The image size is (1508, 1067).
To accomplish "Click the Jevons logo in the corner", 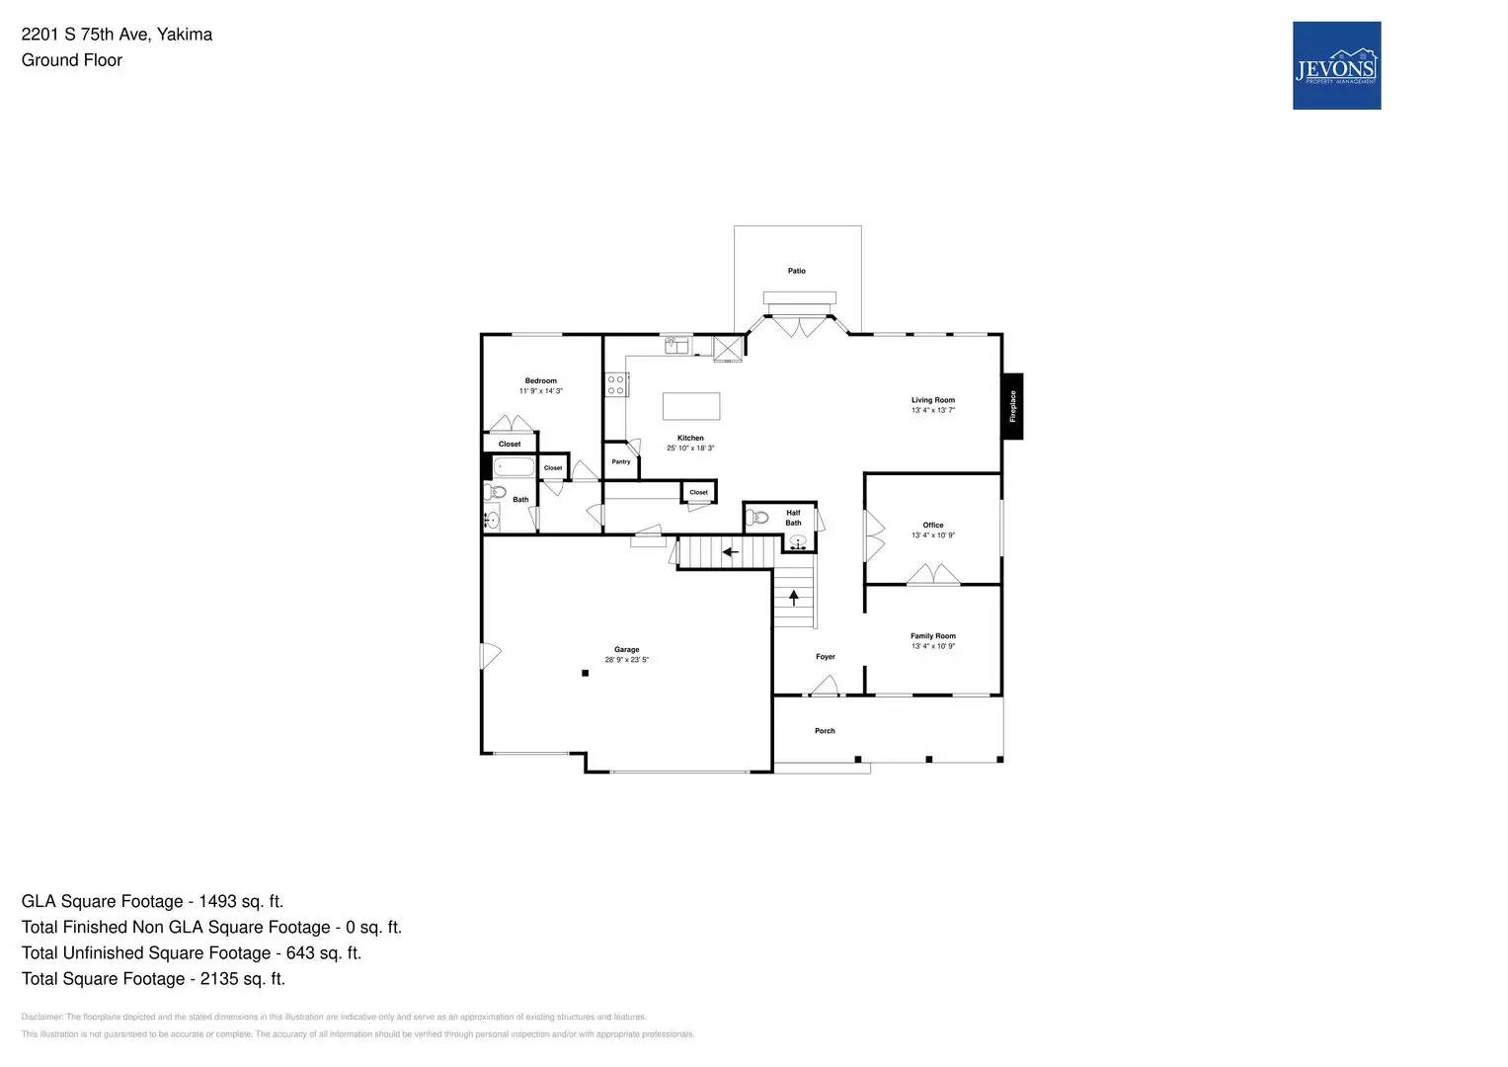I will click(x=1336, y=65).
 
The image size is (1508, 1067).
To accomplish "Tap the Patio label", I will click(x=796, y=271).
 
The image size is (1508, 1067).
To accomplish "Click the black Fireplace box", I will click(x=1012, y=406).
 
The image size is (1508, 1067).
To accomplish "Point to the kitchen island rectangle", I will click(x=690, y=406).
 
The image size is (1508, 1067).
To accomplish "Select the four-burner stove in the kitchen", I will click(x=615, y=384).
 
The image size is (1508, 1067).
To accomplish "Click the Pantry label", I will click(x=620, y=461).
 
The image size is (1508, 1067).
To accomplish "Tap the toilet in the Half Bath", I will click(x=757, y=517).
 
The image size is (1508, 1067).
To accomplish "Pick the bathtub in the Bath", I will click(x=514, y=467).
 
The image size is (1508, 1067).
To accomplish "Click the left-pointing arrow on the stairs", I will click(x=730, y=551).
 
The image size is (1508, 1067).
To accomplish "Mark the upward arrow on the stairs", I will click(x=793, y=597).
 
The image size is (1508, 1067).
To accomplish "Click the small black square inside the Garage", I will click(x=585, y=673).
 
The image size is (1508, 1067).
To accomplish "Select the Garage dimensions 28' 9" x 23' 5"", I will click(x=626, y=660).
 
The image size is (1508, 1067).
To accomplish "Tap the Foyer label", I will click(x=825, y=657).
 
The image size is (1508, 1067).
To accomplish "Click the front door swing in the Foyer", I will click(x=825, y=686).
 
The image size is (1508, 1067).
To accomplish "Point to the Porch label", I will click(x=825, y=731).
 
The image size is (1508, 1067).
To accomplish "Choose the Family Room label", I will click(x=932, y=636).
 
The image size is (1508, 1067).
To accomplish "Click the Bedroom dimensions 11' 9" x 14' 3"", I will click(x=540, y=391).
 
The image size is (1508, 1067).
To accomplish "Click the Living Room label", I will click(x=932, y=400).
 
